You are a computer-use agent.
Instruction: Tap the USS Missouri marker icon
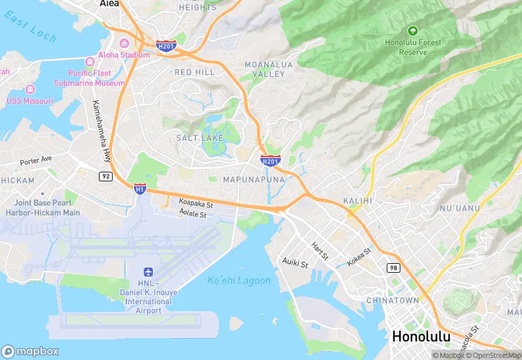[30, 90]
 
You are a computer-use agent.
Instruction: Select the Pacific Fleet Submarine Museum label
[95, 78]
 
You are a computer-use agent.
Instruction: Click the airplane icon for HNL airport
[148, 273]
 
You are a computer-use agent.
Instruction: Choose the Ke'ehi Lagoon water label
[238, 280]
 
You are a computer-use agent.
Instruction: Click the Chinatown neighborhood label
[392, 301]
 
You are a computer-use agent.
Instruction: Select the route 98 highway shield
[393, 267]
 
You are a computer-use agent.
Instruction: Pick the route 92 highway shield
[105, 176]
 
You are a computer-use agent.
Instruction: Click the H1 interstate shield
[139, 188]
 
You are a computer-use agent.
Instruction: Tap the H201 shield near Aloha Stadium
[166, 47]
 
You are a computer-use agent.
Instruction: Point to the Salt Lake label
[199, 138]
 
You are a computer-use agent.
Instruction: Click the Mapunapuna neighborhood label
[254, 179]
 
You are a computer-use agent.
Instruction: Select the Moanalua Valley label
[269, 69]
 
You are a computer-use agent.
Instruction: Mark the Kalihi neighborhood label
[357, 201]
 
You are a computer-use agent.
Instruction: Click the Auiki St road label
[295, 262]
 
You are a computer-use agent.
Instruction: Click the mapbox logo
[30, 350]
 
